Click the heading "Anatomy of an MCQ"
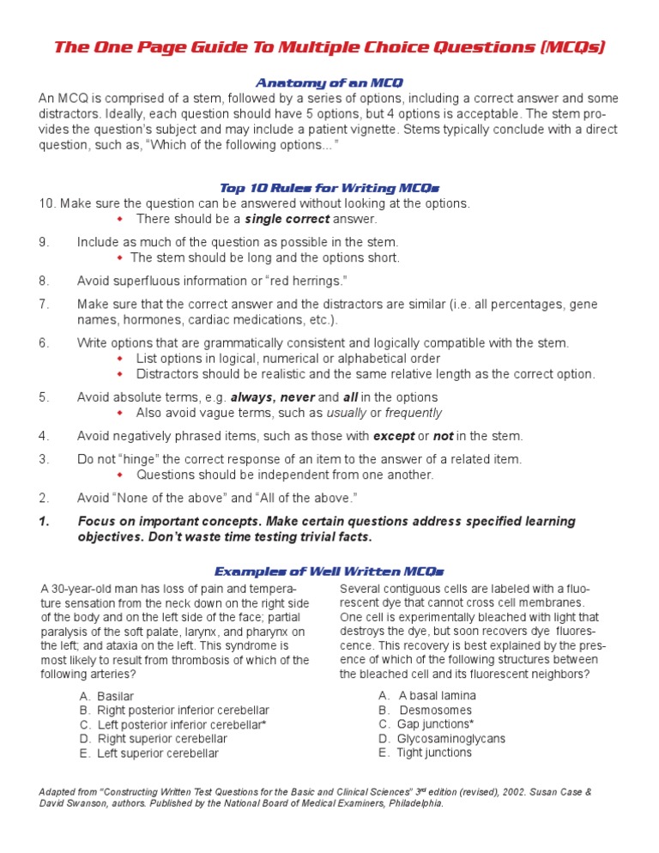coord(329,83)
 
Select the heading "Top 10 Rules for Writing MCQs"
coord(330,188)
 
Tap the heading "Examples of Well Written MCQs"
coord(329,572)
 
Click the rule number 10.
coord(46,203)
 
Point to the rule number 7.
coord(44,304)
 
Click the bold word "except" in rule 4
coord(394,436)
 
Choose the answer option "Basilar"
coord(115,696)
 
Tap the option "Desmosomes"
coord(435,710)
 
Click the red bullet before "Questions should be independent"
coord(121,475)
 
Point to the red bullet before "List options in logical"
coord(121,358)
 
